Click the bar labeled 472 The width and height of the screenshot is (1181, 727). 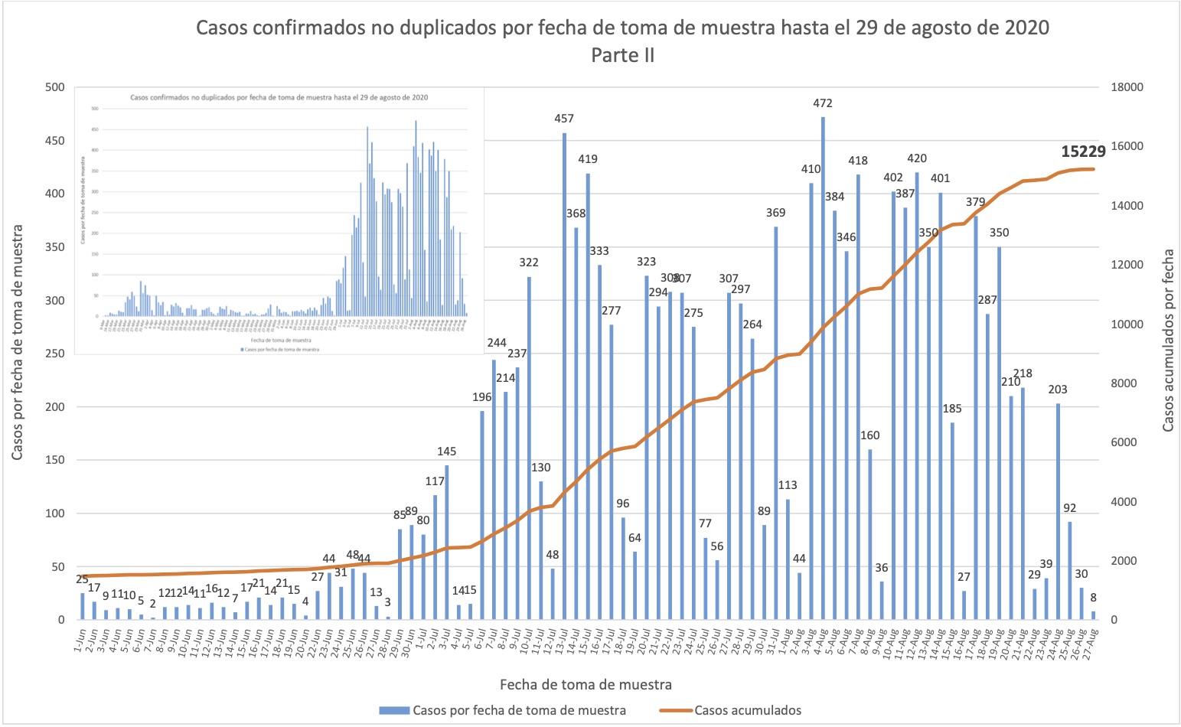point(823,367)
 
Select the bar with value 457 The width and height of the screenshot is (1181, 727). point(564,375)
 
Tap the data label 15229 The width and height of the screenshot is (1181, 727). point(1084,152)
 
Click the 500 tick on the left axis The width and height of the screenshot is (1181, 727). point(55,87)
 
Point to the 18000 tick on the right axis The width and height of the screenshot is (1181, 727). point(1126,87)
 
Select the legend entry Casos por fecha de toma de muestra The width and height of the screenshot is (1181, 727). point(519,710)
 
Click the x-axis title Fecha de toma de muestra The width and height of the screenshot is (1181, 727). point(586,684)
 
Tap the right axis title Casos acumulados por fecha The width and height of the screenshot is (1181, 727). point(1168,340)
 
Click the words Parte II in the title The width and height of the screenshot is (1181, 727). point(622,55)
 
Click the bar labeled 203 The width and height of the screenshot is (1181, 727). point(1058,511)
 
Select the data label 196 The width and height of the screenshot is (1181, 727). point(482,397)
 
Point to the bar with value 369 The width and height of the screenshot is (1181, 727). point(775,422)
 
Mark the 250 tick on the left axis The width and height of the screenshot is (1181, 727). point(55,354)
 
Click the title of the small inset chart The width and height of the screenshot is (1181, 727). point(279,98)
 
